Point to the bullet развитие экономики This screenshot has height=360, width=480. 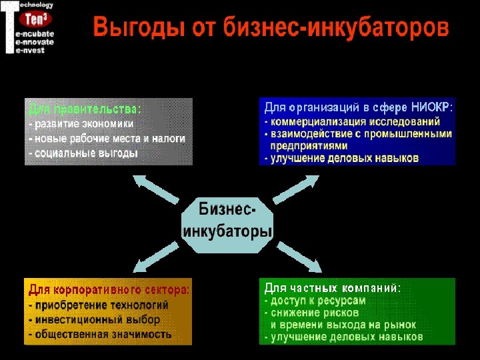pyautogui.click(x=83, y=124)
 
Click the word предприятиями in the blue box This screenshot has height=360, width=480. pyautogui.click(x=309, y=145)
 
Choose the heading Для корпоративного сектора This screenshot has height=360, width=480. pyautogui.click(x=109, y=290)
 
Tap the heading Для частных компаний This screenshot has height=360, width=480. pyautogui.click(x=332, y=289)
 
